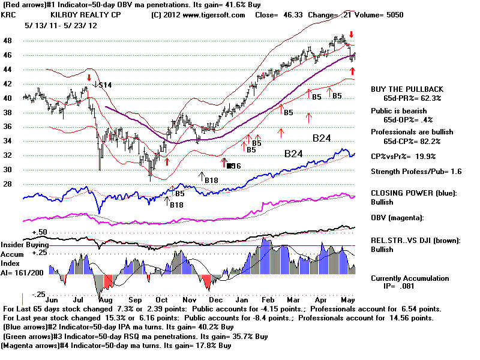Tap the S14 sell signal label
[106, 85]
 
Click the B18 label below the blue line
[176, 205]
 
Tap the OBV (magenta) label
[398, 217]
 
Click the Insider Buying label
[23, 245]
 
